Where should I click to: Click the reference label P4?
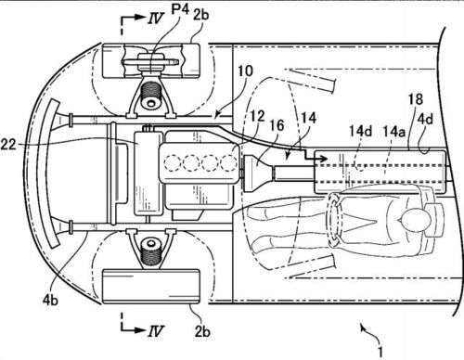180,10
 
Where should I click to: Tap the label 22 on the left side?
8,145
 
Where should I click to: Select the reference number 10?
245,71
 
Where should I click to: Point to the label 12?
257,116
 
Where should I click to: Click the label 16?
277,125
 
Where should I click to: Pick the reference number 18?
416,99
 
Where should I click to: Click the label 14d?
361,131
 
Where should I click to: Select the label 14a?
393,131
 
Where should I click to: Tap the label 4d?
425,119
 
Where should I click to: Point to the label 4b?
50,300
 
